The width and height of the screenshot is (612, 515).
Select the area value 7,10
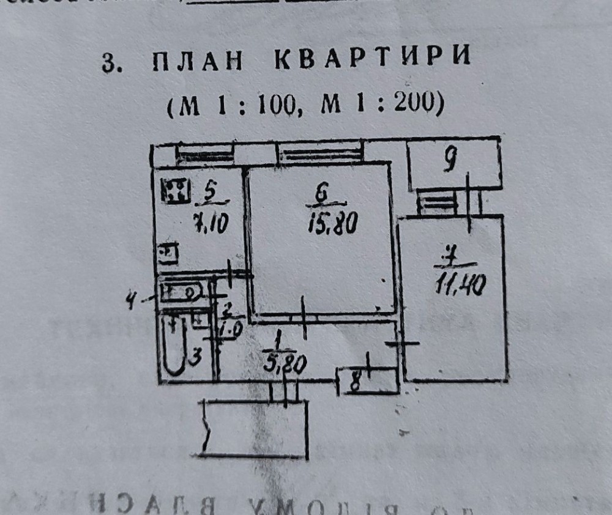209,224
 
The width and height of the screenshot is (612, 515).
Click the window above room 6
319,154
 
